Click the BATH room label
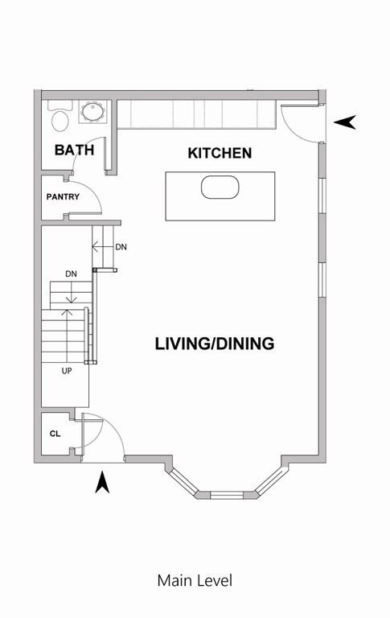pos(74,150)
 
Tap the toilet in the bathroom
pos(60,116)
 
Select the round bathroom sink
pos(93,112)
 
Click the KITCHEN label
pos(220,153)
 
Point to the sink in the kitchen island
pos(220,187)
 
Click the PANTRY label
pos(63,196)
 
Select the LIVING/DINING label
pos(215,344)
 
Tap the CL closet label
pos(55,434)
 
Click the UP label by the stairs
pos(67,371)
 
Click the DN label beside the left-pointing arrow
pos(121,247)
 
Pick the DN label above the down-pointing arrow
pos(71,274)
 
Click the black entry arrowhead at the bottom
pos(102,483)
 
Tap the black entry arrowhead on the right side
pos(345,122)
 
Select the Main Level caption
pos(195,580)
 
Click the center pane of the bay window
pos(227,495)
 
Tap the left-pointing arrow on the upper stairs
pos(103,247)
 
